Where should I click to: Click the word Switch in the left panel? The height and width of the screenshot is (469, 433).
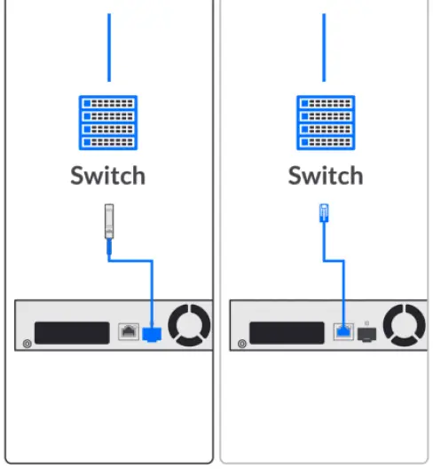click(107, 175)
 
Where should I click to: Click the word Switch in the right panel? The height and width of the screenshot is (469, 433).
click(325, 175)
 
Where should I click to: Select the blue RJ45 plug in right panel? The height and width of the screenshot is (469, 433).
click(324, 214)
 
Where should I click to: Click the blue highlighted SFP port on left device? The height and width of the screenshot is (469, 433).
click(152, 333)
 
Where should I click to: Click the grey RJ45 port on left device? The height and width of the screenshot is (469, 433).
click(127, 332)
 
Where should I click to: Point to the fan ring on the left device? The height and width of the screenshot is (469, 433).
click(189, 326)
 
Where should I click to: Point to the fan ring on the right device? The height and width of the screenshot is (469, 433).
click(405, 326)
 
